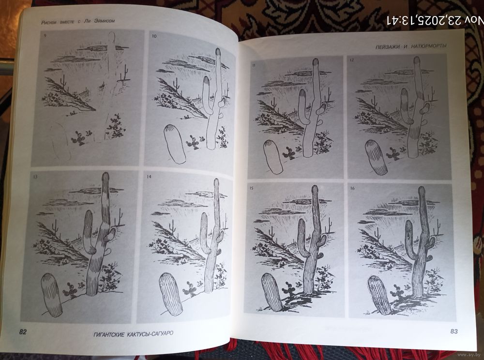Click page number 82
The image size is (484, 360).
point(23,332)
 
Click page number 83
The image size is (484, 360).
point(454,331)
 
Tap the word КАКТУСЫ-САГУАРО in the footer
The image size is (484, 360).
point(150,334)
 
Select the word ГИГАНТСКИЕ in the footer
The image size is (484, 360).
point(109,334)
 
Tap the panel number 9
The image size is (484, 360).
point(45,35)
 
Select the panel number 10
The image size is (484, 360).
point(154,36)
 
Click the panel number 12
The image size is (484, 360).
point(352,60)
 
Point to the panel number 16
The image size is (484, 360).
point(352,188)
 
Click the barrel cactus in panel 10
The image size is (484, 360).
point(175,143)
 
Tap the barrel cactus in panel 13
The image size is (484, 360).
point(52,295)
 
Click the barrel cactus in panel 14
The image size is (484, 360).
point(170,294)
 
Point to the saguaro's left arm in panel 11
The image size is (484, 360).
point(304,107)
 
